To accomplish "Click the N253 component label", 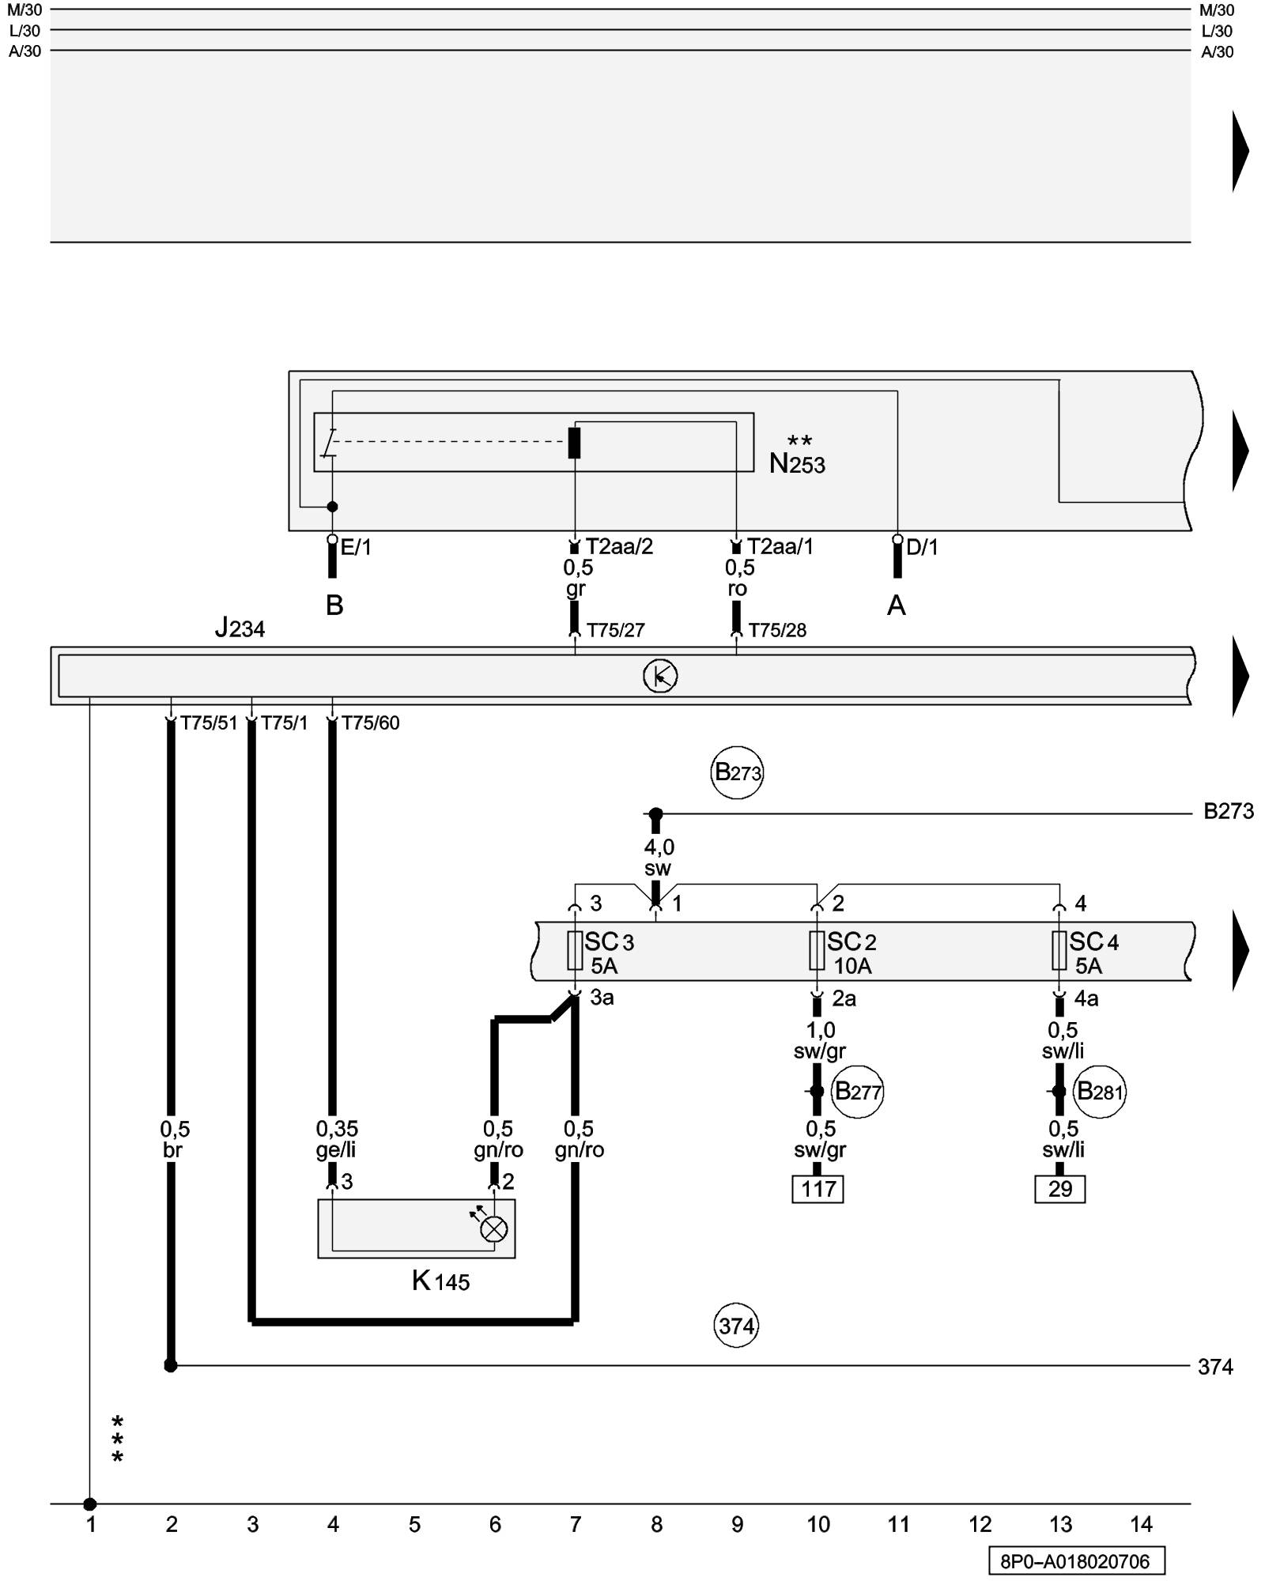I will tap(797, 463).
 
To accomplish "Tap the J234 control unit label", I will tap(240, 628).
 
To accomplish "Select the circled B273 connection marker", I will tap(737, 772).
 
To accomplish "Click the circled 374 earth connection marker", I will tap(736, 1326).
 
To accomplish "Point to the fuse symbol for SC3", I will tap(575, 950).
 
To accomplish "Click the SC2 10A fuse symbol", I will tap(817, 950).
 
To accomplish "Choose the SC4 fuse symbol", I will tap(1059, 950).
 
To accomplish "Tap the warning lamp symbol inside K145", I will tap(494, 1229).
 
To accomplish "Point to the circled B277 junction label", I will tap(857, 1092).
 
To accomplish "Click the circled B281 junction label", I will tap(1099, 1092).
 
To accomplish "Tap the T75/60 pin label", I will tap(370, 723).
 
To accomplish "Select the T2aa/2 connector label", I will tap(619, 547).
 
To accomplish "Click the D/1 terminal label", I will tap(922, 547).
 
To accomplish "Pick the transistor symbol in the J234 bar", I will tap(660, 677).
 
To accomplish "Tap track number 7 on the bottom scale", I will tap(576, 1525).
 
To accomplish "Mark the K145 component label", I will tap(440, 1281).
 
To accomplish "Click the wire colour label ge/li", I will tap(336, 1150).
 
